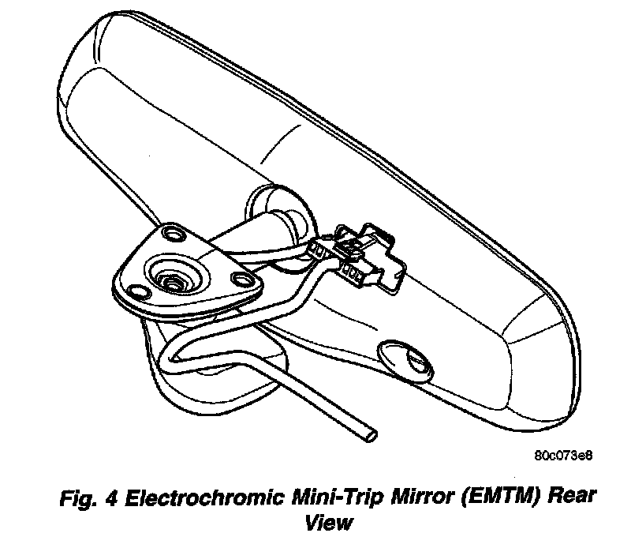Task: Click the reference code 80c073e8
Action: point(562,456)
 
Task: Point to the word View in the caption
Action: point(329,522)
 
